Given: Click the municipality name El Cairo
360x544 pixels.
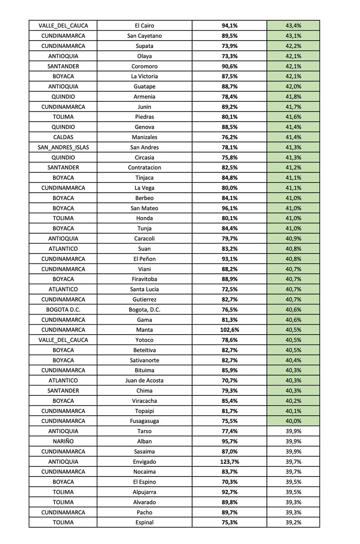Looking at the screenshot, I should [144, 26].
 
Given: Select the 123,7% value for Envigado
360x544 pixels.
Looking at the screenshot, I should [229, 462].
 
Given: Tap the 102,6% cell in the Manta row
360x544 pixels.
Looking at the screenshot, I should [229, 330].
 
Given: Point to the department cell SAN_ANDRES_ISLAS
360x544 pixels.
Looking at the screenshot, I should [63, 147].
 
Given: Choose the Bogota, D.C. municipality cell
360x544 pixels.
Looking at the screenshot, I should [144, 309].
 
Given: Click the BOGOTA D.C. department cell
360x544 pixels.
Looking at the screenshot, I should [63, 309].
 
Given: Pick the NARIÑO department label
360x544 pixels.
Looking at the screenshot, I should [63, 441].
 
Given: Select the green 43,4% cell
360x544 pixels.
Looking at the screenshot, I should [293, 26].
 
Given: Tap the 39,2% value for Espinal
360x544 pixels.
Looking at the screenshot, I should [293, 522].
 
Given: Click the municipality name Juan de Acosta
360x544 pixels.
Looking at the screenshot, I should [144, 381].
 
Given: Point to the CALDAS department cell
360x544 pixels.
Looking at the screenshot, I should [63, 137].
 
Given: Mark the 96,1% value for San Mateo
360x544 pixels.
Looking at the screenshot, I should [229, 208].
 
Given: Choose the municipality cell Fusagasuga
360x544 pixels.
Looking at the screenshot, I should [144, 421].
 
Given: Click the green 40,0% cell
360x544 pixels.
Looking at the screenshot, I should [293, 421].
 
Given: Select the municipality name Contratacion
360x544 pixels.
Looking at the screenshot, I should [144, 168].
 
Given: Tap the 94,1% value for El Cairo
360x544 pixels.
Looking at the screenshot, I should [229, 26].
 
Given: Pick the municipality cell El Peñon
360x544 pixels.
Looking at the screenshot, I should [144, 259].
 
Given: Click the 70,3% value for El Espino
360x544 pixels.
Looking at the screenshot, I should [229, 482].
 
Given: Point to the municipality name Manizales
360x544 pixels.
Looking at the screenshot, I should [144, 137].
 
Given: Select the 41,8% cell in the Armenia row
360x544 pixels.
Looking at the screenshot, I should [293, 96].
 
